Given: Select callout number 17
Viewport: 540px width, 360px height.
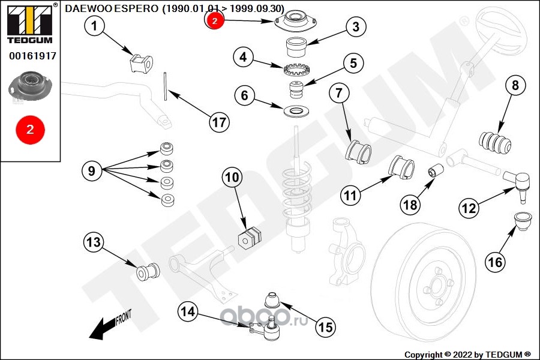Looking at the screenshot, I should (219, 122).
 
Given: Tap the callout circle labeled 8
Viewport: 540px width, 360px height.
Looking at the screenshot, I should (515, 85).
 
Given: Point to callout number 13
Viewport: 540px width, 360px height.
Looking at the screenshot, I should (94, 243).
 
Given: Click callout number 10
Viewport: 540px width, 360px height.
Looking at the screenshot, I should (232, 177).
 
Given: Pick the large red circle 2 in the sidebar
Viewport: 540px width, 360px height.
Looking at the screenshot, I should (30, 128).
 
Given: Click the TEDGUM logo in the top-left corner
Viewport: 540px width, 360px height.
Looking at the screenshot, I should (29, 23).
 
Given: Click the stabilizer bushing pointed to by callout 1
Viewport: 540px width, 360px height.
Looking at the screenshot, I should (142, 62).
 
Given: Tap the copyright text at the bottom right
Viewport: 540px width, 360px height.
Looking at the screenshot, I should (467, 354).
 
